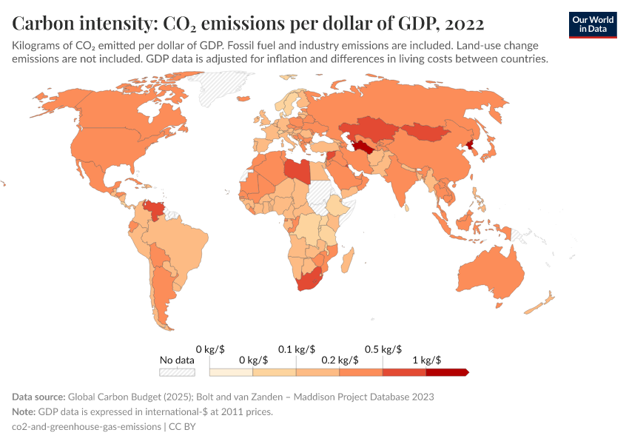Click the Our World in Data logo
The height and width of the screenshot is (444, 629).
[593, 24]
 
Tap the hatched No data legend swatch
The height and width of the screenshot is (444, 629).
[178, 372]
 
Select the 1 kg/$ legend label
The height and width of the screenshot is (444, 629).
[426, 360]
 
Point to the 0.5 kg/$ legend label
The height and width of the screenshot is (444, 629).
[383, 349]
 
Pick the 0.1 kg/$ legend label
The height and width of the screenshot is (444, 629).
[296, 349]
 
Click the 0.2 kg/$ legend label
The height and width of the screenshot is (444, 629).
[340, 360]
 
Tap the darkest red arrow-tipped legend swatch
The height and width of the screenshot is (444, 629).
[447, 372]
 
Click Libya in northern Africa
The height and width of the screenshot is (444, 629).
[297, 170]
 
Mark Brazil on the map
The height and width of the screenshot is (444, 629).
[185, 248]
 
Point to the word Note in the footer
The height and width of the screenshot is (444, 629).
[25, 411]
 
